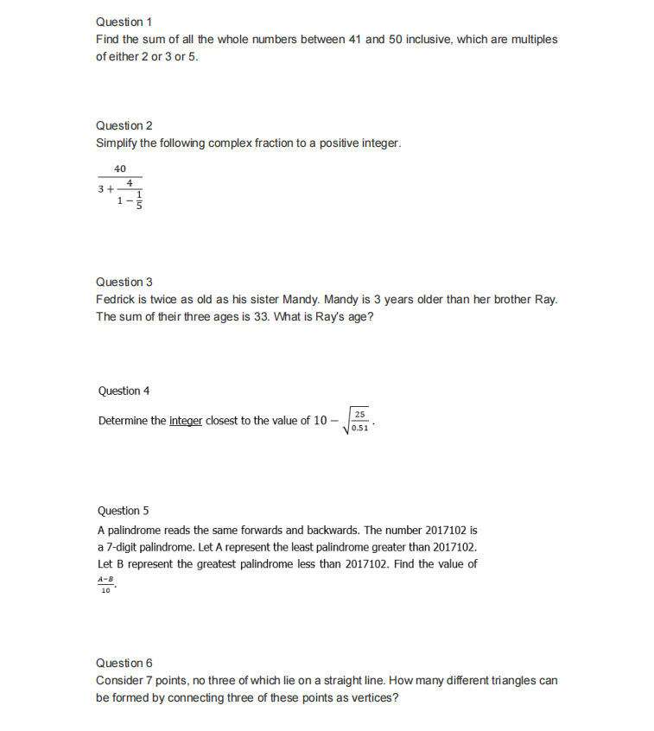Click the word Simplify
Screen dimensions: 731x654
point(117,143)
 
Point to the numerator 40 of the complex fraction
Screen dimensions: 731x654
point(120,168)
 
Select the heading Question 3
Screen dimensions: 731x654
point(124,282)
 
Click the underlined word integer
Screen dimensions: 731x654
point(186,422)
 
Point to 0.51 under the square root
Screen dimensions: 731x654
point(360,427)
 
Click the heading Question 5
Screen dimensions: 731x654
point(124,511)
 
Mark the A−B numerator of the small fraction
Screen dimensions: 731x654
point(105,578)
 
